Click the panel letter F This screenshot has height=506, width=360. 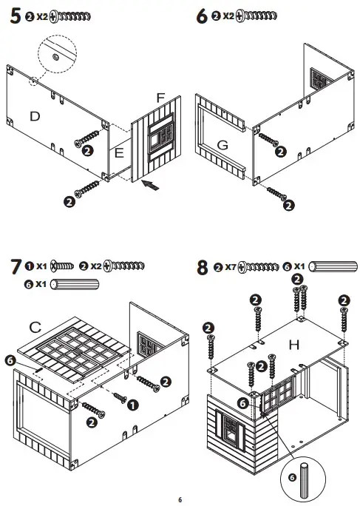160,98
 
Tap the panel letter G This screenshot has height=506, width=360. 222,145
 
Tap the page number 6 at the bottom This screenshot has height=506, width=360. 179,499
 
